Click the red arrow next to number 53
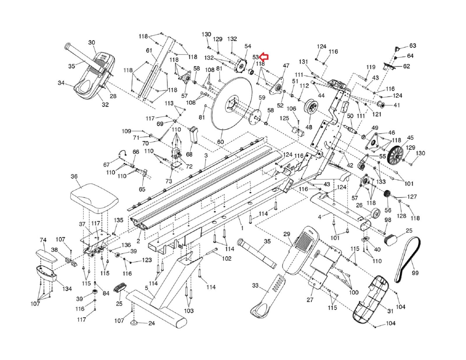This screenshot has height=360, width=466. click(x=264, y=57)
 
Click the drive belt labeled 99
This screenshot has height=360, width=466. click(x=408, y=259)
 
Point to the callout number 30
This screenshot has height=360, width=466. click(x=91, y=43)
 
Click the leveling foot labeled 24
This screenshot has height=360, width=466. click(x=135, y=322)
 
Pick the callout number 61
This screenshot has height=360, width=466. click(x=149, y=51)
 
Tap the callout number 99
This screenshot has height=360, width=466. click(x=415, y=273)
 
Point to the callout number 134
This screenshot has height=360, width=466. click(x=67, y=289)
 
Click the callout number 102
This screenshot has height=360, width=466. click(x=227, y=258)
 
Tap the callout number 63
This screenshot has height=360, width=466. click(x=413, y=46)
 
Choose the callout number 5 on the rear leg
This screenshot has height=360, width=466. click(x=146, y=288)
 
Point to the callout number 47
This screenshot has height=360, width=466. click(x=286, y=66)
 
